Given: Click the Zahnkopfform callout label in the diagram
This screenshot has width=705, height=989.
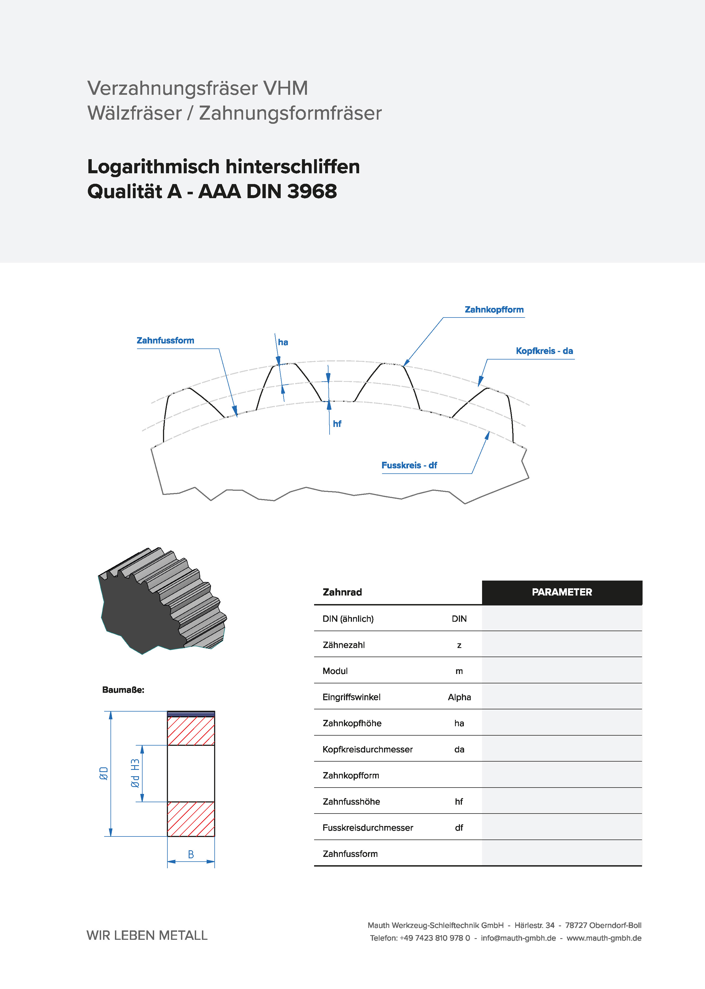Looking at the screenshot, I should click(x=494, y=309).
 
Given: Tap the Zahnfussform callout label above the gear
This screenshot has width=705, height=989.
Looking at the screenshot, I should click(x=165, y=340).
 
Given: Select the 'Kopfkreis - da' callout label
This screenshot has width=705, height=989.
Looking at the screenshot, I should click(x=544, y=351).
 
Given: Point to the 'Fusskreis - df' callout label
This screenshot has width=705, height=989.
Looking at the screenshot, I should click(x=409, y=465).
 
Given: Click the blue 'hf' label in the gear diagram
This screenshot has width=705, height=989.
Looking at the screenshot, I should click(x=337, y=424).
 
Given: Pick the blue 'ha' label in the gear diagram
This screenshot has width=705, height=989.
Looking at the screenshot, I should click(x=283, y=342).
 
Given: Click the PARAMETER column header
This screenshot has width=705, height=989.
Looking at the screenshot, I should click(x=562, y=592).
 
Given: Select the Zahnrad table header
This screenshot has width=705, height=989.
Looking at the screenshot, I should click(x=342, y=592).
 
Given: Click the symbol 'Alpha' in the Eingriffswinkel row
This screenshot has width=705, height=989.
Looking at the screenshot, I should click(x=459, y=697).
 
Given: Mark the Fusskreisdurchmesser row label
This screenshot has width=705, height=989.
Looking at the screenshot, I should click(x=368, y=828).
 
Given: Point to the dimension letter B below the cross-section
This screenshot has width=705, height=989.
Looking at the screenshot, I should click(x=191, y=854).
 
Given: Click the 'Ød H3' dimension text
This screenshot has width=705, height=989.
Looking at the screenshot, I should click(x=135, y=773).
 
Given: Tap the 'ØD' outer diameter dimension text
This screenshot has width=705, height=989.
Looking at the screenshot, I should click(x=104, y=773).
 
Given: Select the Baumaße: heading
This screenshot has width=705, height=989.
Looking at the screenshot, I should click(x=123, y=690).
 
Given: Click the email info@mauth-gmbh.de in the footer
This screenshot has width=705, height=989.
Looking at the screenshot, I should click(x=518, y=938).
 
